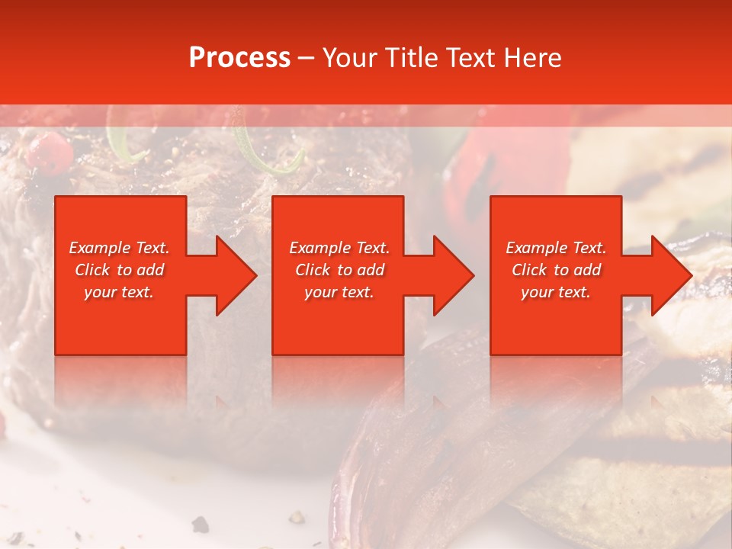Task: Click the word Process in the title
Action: tap(239, 58)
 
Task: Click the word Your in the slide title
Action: tap(351, 58)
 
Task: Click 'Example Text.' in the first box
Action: tap(120, 248)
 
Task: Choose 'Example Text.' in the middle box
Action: tap(339, 248)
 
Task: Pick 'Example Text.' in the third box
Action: tap(556, 248)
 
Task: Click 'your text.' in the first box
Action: tap(119, 292)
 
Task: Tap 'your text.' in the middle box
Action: tap(339, 292)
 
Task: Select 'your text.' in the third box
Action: tap(556, 292)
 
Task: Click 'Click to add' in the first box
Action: tap(120, 270)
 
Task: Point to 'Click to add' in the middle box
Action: tap(339, 270)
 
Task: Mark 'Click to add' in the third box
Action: tap(556, 270)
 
